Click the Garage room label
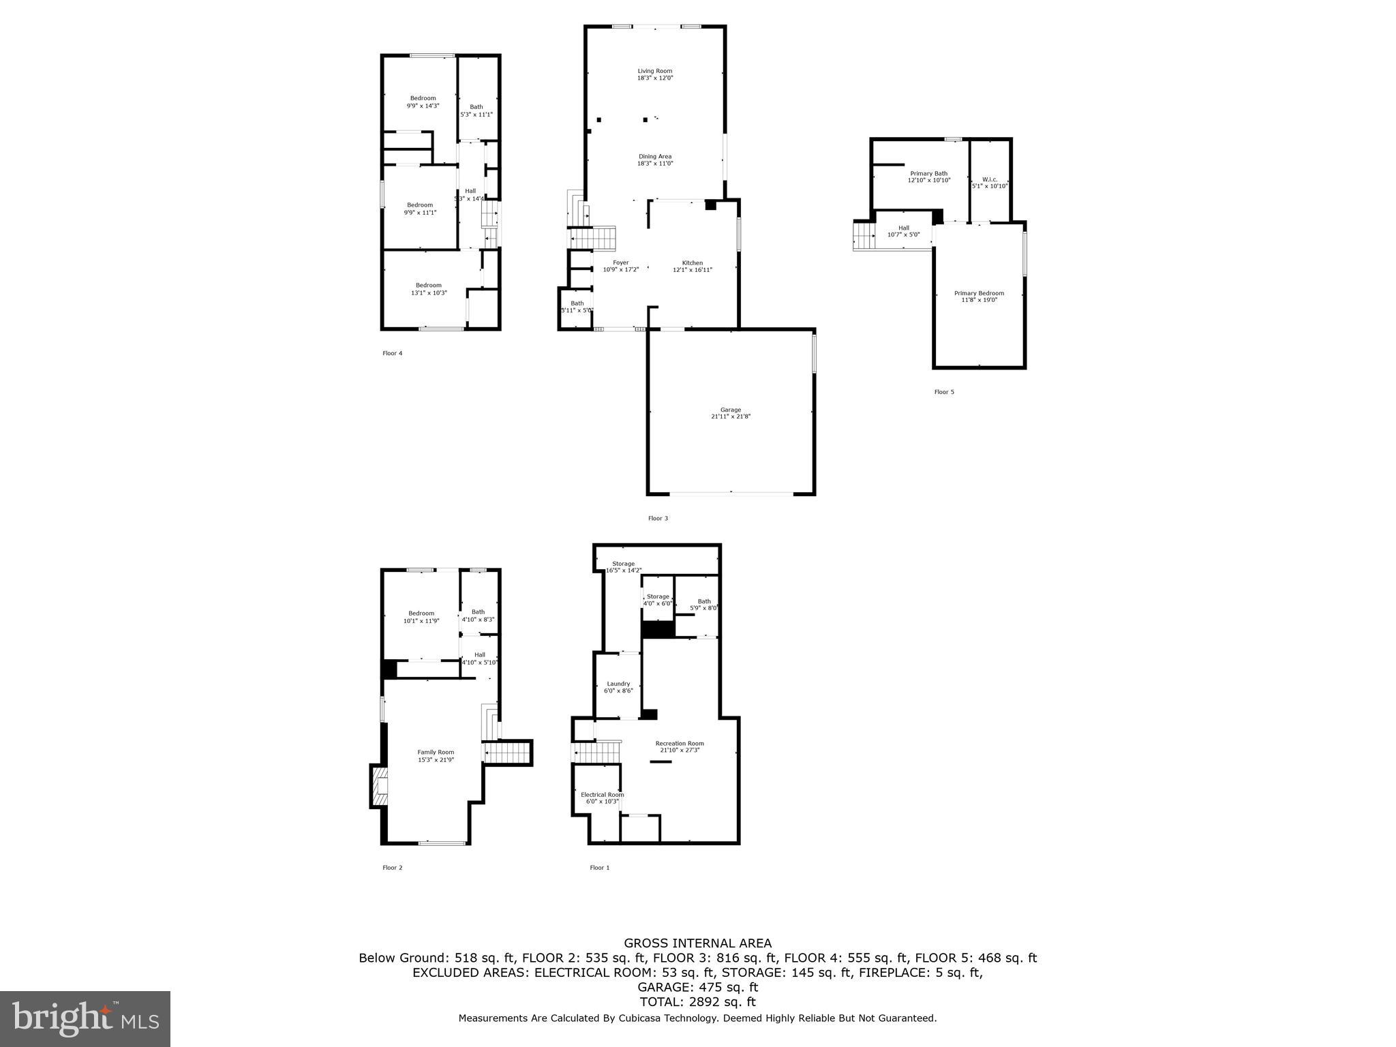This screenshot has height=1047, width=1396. tap(731, 413)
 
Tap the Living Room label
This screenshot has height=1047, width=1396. tap(655, 74)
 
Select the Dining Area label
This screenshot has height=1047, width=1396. tap(655, 160)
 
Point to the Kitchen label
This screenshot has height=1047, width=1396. tap(693, 266)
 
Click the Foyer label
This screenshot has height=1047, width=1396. tap(621, 266)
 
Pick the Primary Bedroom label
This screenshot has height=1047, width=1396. tap(979, 296)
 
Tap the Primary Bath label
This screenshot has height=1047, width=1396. tap(928, 177)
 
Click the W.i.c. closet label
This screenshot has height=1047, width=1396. tap(990, 182)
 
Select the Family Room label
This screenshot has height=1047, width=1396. tap(436, 755)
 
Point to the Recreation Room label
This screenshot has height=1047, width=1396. tap(680, 746)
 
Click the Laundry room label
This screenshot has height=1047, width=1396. tap(618, 686)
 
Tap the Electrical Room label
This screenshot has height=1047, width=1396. tap(602, 798)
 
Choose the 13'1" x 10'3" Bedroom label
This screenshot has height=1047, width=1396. tap(429, 289)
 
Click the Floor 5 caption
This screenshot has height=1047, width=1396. tap(944, 392)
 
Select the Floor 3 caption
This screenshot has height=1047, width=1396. tap(658, 518)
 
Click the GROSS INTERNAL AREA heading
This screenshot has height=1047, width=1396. tap(697, 943)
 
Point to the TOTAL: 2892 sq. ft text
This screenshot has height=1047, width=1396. tap(697, 1002)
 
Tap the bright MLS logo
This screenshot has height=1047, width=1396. tap(85, 1019)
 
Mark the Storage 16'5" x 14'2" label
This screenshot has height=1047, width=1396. tap(623, 566)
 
